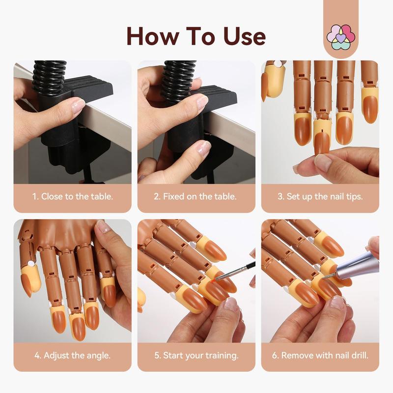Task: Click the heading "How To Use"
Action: (x=196, y=35)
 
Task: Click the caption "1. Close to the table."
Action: (x=73, y=196)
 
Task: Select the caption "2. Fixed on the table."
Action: (x=196, y=196)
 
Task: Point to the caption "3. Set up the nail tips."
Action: (x=320, y=196)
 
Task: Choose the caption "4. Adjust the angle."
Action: (x=72, y=355)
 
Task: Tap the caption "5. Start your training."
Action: (x=196, y=355)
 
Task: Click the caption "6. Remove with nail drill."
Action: (x=320, y=355)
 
